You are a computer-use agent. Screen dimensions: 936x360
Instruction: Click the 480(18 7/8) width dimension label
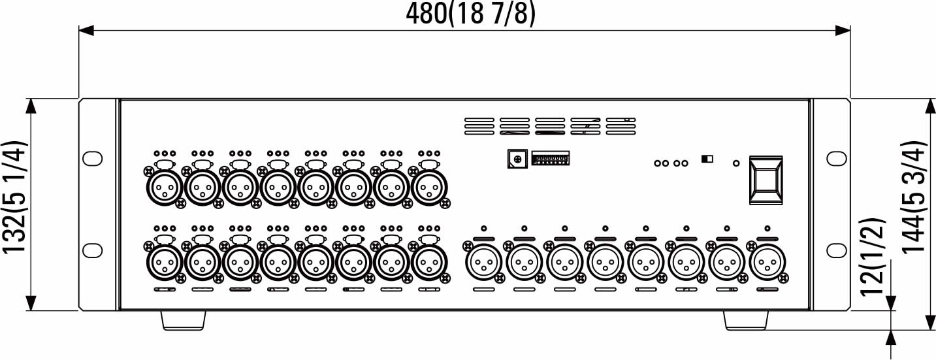(470, 14)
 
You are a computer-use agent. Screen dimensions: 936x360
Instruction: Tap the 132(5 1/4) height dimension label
(15, 197)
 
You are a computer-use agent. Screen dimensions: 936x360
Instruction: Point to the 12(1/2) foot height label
(872, 256)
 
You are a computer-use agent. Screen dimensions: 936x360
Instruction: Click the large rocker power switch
(766, 180)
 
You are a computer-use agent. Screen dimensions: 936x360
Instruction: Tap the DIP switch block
(550, 159)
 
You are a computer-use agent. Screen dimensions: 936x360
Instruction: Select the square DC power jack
(517, 159)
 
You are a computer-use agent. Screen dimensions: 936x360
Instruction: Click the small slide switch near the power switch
(707, 159)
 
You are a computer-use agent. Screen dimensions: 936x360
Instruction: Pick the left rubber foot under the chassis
(184, 320)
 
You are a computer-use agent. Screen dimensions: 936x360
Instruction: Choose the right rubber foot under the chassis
(746, 320)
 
